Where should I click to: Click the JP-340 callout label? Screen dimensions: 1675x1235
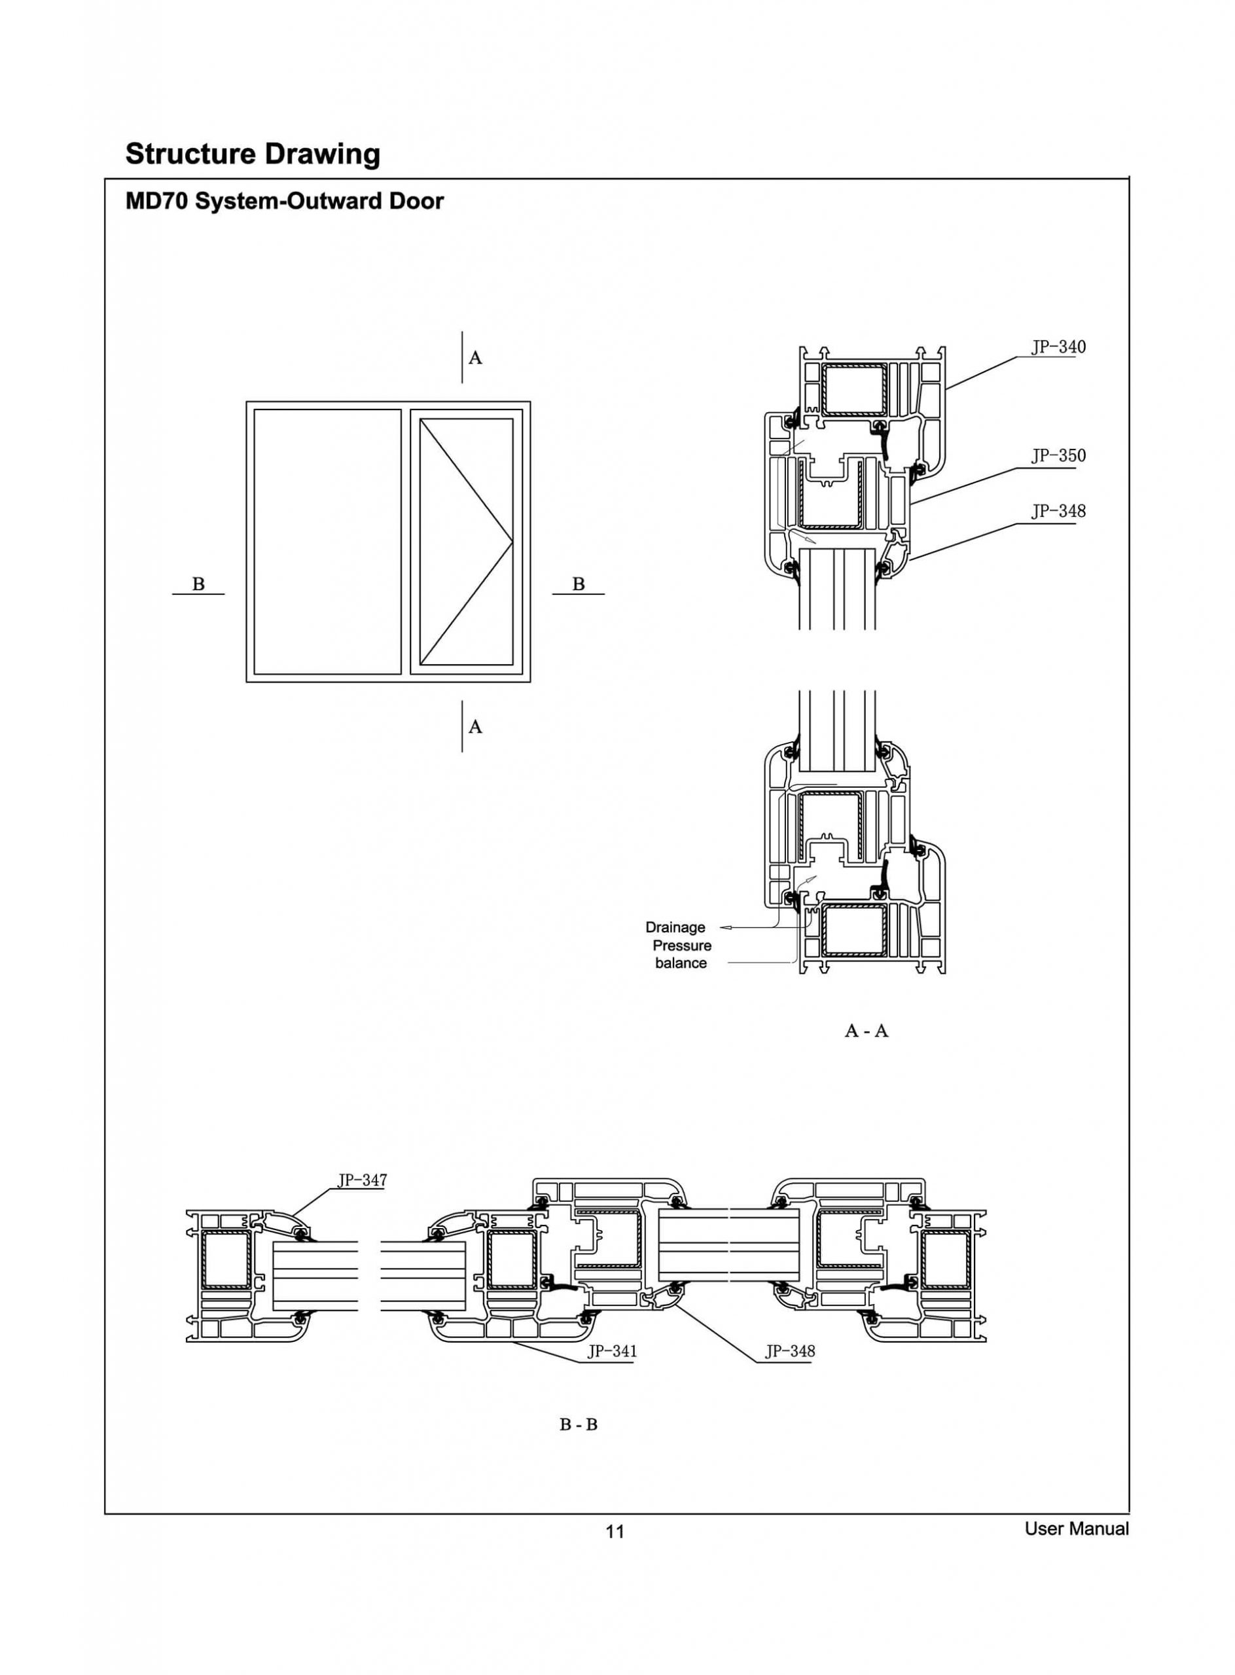click(1058, 347)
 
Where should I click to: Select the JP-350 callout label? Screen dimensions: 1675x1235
click(1058, 455)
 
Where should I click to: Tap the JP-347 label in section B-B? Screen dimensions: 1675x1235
click(362, 1180)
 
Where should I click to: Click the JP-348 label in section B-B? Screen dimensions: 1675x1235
click(789, 1351)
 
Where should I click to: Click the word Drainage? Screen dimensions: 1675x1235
click(675, 927)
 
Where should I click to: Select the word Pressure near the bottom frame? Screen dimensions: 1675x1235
click(682, 945)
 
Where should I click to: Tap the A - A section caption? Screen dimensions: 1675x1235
click(866, 1031)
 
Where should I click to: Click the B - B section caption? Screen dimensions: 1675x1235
click(579, 1424)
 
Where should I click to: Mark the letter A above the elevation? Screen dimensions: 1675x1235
click(475, 358)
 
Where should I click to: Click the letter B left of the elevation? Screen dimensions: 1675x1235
click(198, 584)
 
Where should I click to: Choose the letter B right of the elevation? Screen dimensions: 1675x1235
click(579, 584)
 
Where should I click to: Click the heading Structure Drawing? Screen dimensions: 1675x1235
click(253, 154)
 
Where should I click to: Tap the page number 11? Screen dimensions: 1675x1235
click(615, 1532)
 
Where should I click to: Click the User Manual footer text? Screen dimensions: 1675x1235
click(1076, 1528)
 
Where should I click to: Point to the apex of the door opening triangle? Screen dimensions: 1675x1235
click(512, 541)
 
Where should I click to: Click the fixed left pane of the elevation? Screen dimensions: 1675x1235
click(327, 542)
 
